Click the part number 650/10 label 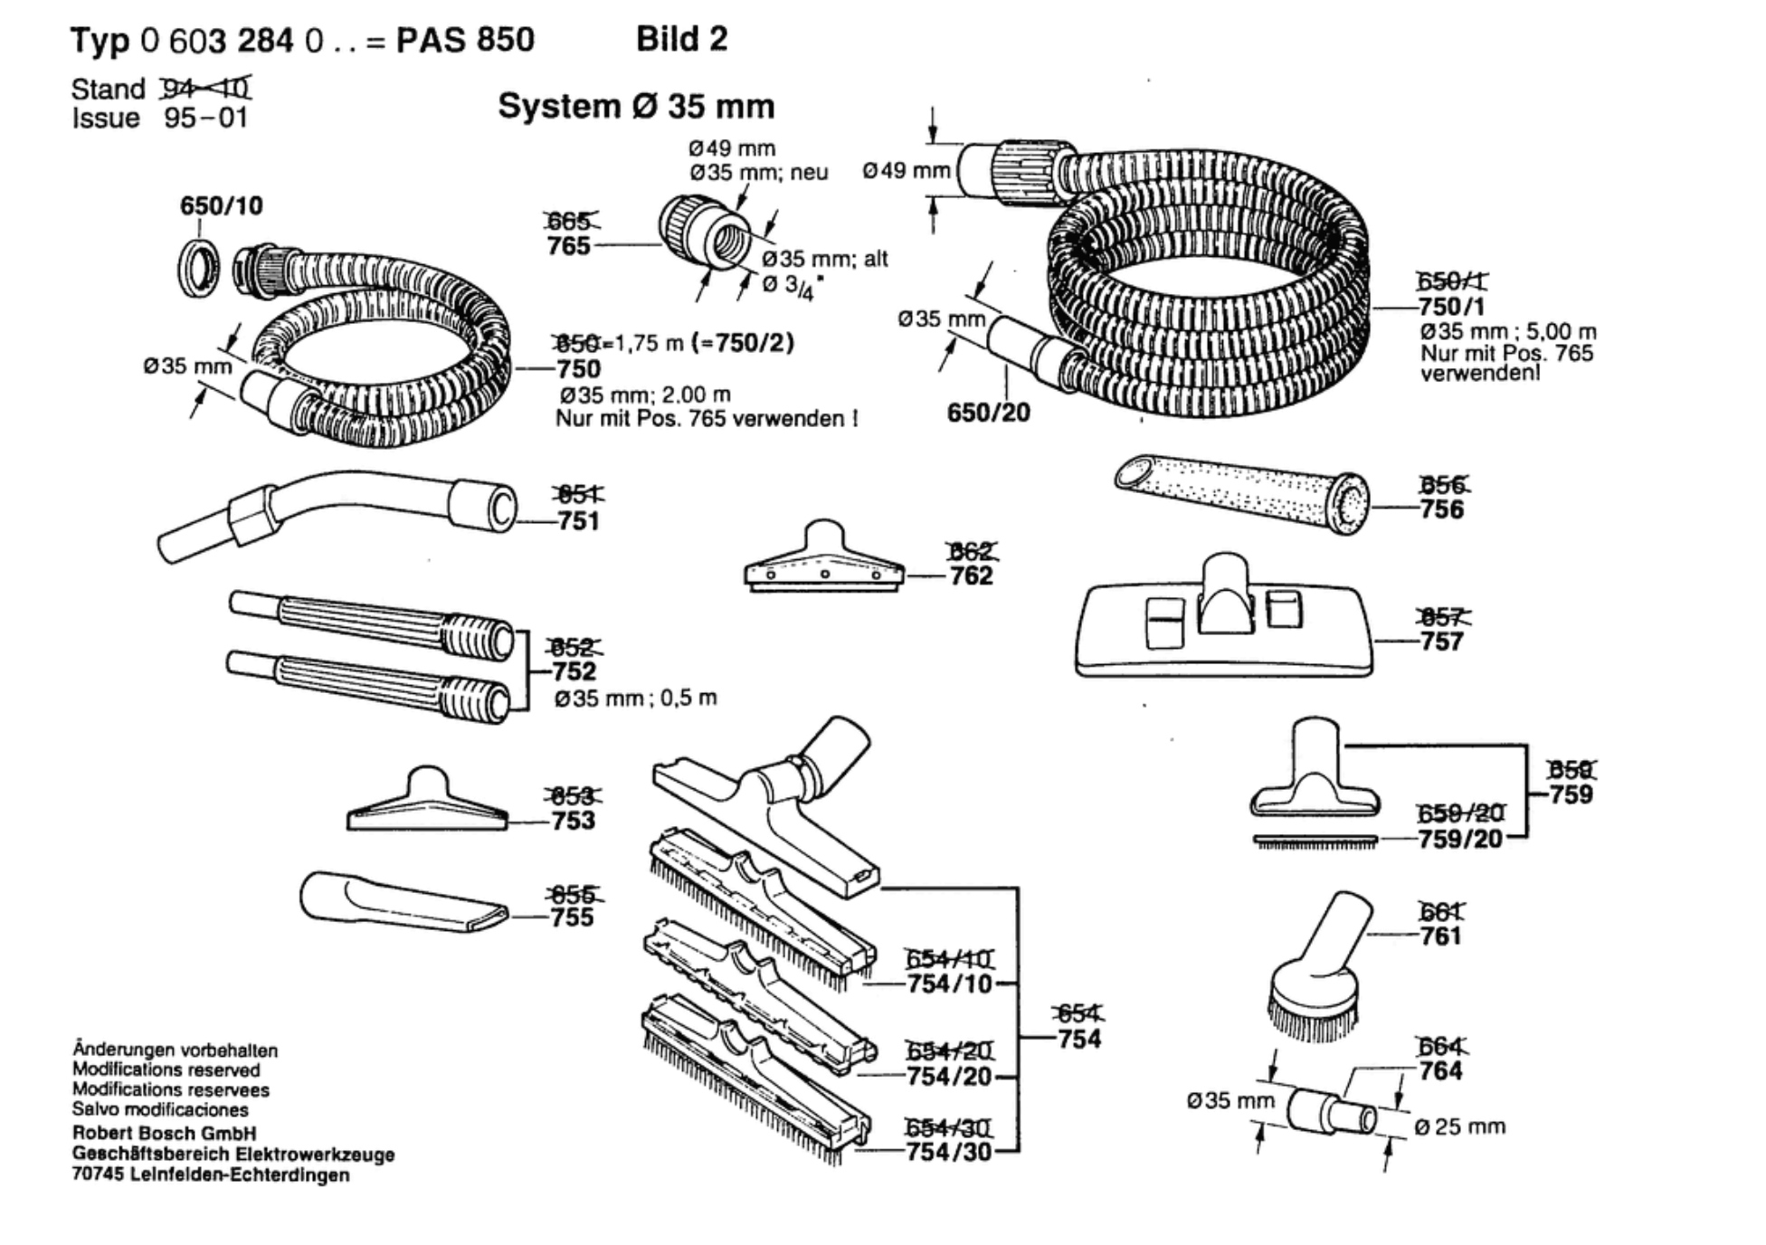coord(221,206)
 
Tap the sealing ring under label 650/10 coord(198,268)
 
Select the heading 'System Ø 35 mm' coord(636,107)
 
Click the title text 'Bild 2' coord(681,40)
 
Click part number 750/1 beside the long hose coord(1451,307)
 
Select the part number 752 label coord(574,671)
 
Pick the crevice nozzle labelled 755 coord(398,903)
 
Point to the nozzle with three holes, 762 coord(823,561)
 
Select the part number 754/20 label coord(949,1077)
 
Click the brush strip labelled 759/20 coord(1315,841)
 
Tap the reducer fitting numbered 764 coord(1330,1112)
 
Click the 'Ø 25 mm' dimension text coord(1459,1127)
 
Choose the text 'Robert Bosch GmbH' coord(164,1134)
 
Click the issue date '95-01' coord(205,119)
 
